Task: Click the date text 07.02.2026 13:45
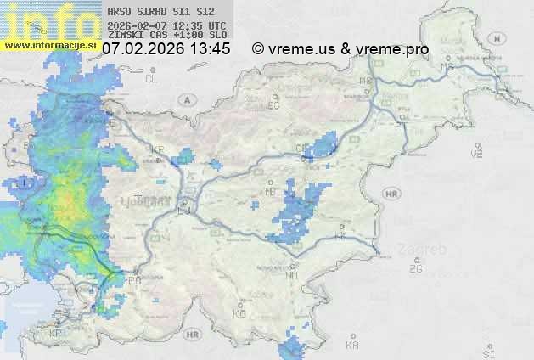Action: click(x=166, y=49)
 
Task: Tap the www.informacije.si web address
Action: click(x=50, y=43)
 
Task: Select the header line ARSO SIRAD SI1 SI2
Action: click(x=155, y=12)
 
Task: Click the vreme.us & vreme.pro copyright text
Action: click(x=340, y=49)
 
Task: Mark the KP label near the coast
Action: click(x=56, y=333)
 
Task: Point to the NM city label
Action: click(x=292, y=275)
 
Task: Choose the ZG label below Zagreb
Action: click(x=415, y=269)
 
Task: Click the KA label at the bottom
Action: click(x=352, y=345)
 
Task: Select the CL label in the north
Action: click(x=152, y=79)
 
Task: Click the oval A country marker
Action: click(x=185, y=99)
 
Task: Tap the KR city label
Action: click(x=157, y=149)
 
